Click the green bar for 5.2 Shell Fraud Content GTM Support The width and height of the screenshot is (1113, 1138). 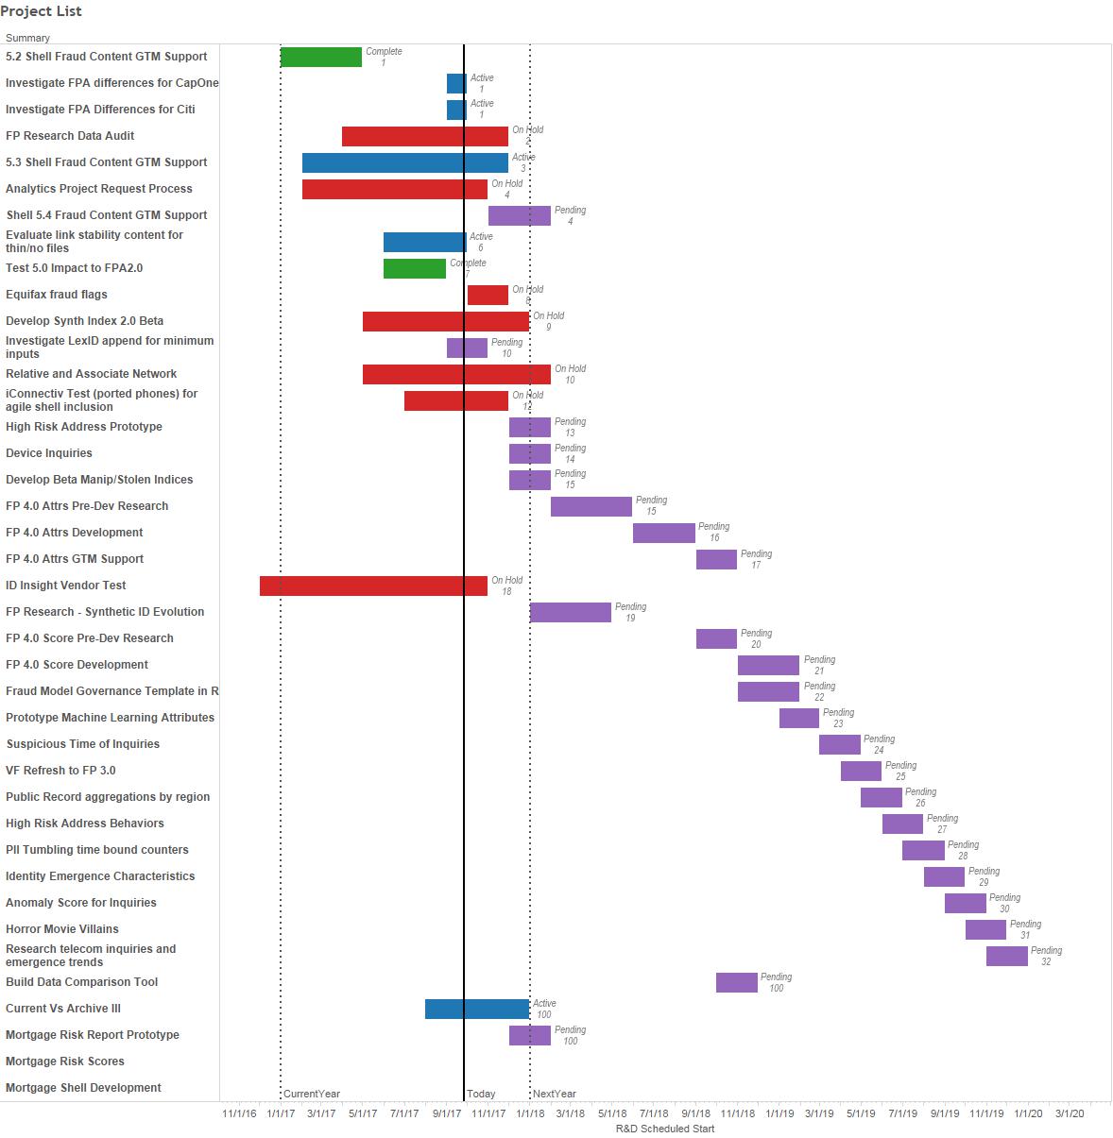(320, 57)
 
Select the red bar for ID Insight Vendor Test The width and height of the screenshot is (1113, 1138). (373, 586)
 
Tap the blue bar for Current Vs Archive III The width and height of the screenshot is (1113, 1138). (476, 1009)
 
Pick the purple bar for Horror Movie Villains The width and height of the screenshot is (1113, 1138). (985, 929)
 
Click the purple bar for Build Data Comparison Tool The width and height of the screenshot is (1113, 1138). (736, 982)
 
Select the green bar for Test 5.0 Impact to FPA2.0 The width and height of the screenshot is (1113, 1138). (414, 268)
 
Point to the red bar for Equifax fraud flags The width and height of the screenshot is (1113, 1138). (488, 295)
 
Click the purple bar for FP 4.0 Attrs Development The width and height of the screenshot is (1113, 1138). (663, 533)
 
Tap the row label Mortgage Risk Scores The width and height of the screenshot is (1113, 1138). (65, 1062)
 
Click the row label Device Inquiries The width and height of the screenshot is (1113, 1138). (49, 453)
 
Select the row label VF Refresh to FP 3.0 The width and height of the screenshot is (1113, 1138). (60, 771)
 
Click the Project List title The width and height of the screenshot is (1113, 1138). (41, 11)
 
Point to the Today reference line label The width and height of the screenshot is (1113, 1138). (481, 1094)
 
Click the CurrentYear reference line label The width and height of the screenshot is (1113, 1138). (312, 1094)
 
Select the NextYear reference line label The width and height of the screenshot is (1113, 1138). (555, 1094)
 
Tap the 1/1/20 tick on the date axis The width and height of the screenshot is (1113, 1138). (1028, 1113)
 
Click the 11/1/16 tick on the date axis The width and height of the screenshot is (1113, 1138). (239, 1113)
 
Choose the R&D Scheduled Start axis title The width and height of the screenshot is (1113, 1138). (664, 1129)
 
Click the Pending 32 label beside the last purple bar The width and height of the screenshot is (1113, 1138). (1046, 956)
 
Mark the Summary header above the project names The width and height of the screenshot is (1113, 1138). (27, 38)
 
